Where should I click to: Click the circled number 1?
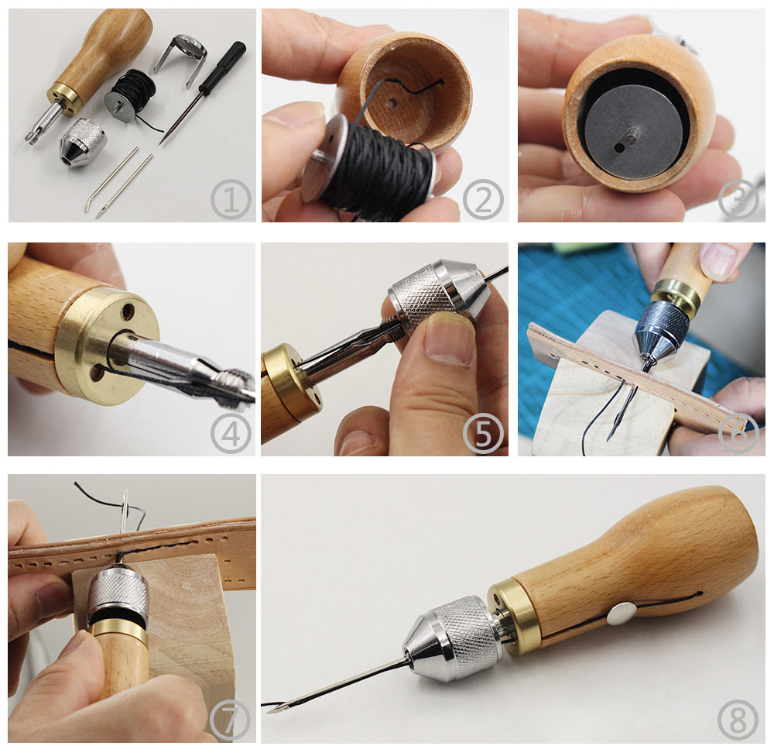(x=231, y=200)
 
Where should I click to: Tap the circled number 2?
(x=483, y=200)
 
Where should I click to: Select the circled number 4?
(x=231, y=434)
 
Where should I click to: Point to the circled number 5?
(x=483, y=434)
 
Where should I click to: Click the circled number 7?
(x=230, y=720)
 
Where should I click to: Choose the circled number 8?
(x=738, y=720)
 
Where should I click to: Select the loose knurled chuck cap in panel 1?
(x=83, y=143)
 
